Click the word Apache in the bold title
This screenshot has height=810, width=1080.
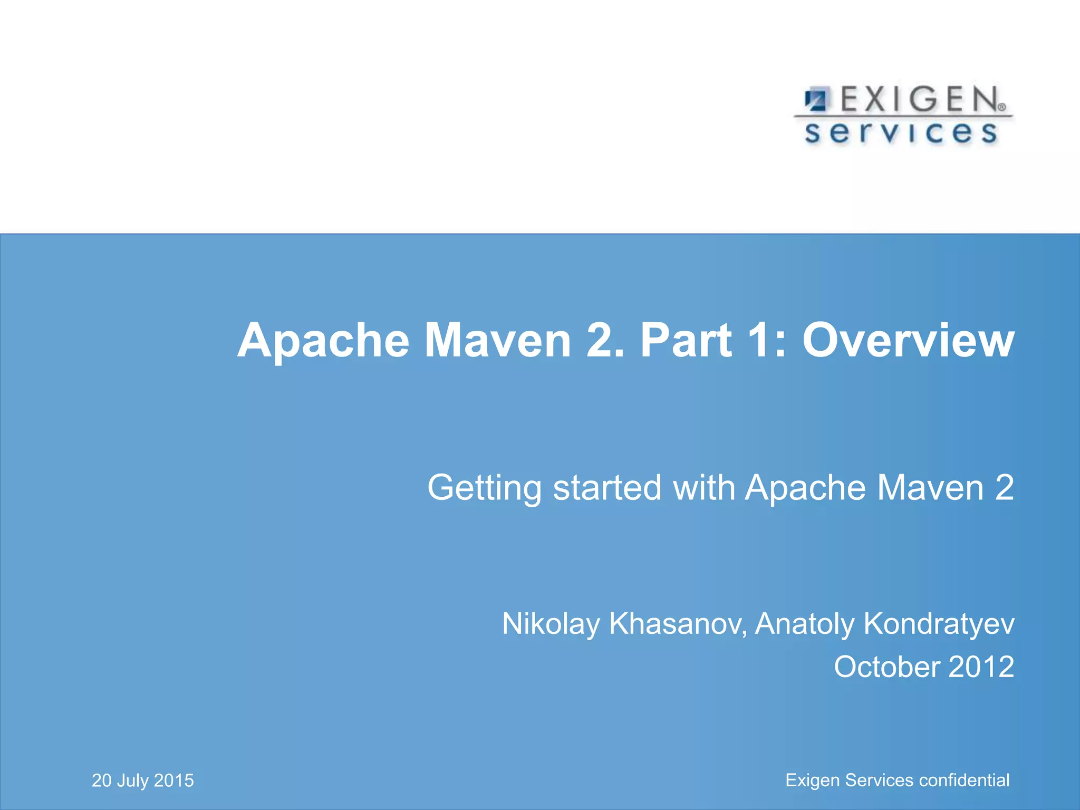323,341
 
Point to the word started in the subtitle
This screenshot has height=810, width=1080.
607,488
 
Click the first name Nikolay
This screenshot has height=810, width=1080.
551,624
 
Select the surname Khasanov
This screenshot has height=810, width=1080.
678,624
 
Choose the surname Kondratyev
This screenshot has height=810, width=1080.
939,624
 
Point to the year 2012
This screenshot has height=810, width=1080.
981,667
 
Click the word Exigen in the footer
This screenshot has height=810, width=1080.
813,780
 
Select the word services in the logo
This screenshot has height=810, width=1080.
901,132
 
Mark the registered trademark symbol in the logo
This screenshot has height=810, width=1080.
1002,107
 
